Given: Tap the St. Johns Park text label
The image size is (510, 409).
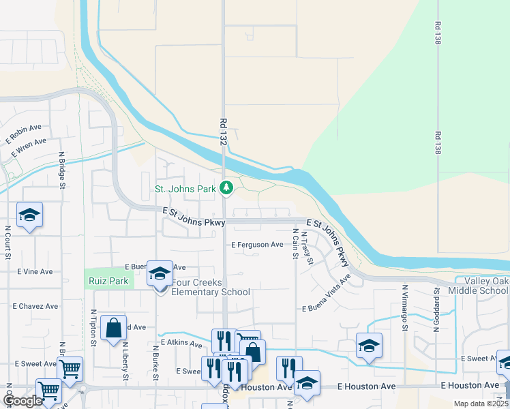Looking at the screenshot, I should (185, 189).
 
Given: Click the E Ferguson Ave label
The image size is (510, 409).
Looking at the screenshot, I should (257, 245).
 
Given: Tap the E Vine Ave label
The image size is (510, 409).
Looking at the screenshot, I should (35, 271).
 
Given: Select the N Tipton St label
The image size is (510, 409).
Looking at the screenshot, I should (93, 327).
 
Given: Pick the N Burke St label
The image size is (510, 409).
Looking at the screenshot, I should (156, 361).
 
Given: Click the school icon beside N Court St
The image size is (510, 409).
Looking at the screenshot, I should (29, 215).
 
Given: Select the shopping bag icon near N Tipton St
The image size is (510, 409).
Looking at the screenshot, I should (113, 329).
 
